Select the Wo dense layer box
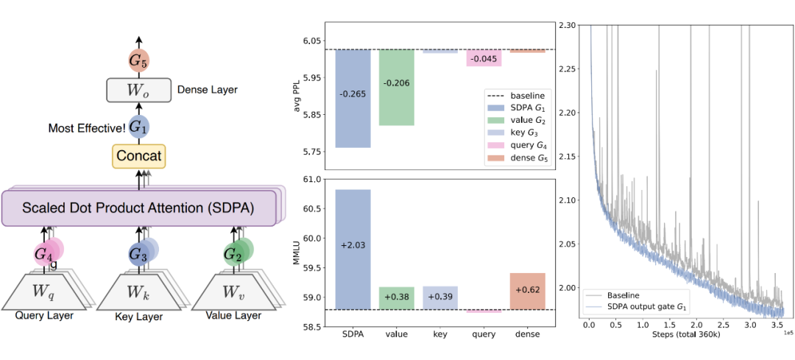coord(139,90)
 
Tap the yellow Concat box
coord(139,155)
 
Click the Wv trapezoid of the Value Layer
coord(236,293)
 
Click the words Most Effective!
coord(86,127)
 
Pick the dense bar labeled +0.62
coord(527,291)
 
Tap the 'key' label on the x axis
coord(440,333)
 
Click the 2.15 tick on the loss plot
coord(568,157)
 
